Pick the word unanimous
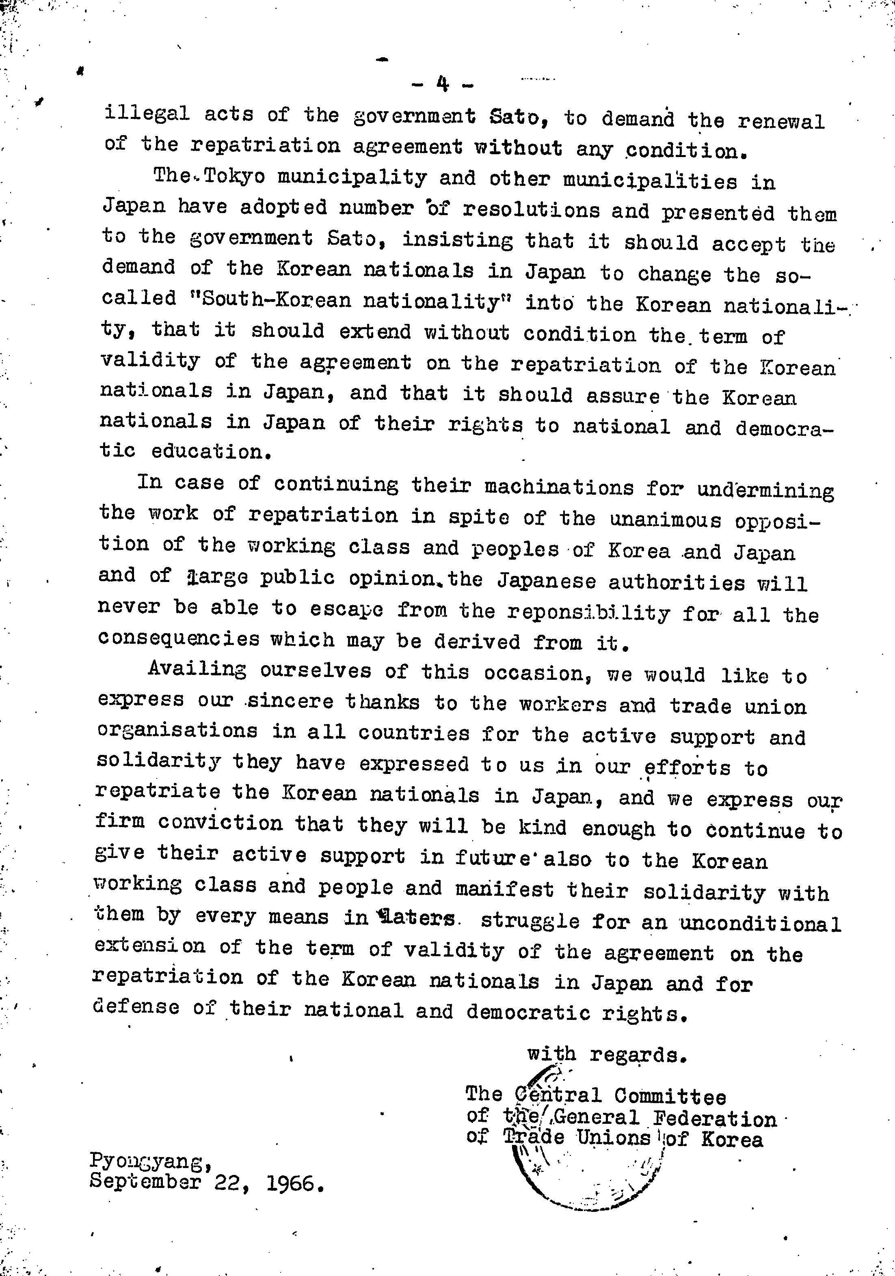(666, 519)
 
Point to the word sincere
(290, 701)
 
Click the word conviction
(220, 823)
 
